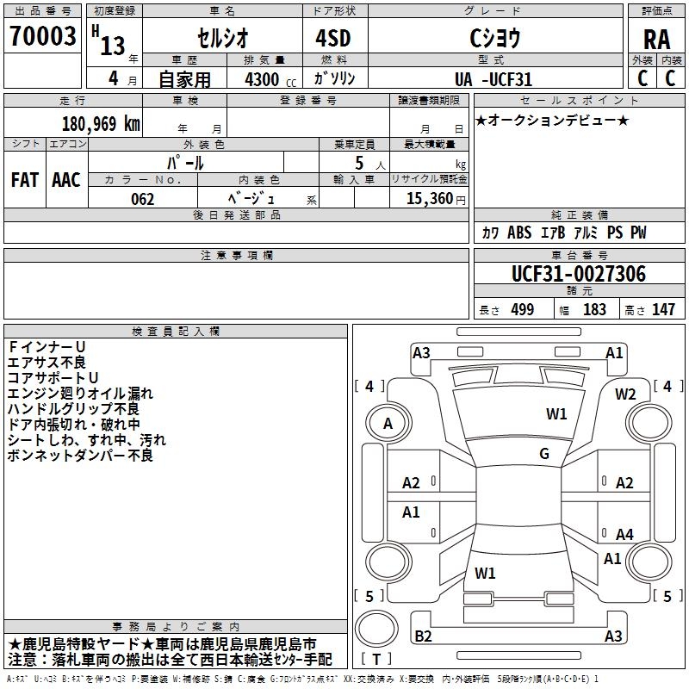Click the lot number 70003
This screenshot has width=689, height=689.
[41, 37]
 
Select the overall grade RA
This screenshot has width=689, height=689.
[656, 39]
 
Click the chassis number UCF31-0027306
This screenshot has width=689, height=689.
[579, 275]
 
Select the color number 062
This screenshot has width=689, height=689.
[143, 199]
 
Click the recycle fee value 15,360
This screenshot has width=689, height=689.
[428, 199]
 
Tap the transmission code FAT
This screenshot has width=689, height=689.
[25, 180]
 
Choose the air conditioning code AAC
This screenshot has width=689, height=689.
[66, 180]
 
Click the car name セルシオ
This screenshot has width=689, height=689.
[221, 39]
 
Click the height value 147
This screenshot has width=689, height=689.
[663, 310]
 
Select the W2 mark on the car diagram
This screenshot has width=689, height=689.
[625, 394]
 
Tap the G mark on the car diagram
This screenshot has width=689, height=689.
[544, 454]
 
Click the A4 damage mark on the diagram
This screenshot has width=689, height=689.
[624, 535]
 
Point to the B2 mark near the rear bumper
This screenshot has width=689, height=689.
[423, 636]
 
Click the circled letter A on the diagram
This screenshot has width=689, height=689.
[388, 424]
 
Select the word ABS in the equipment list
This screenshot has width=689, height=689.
[519, 233]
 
